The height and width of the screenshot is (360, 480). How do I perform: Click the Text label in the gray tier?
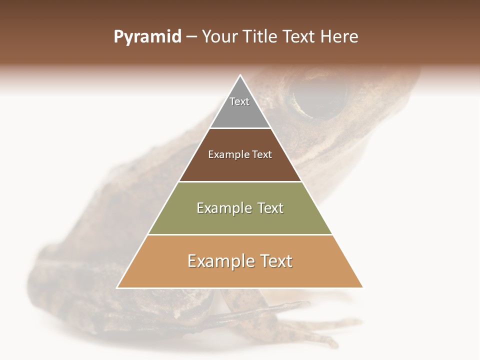pyautogui.click(x=239, y=102)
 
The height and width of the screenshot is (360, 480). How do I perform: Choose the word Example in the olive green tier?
pyautogui.click(x=222, y=208)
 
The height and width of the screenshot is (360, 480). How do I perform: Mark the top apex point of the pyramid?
pyautogui.click(x=240, y=75)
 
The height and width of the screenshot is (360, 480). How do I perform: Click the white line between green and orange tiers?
pyautogui.click(x=240, y=234)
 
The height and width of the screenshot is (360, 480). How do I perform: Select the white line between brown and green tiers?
pyautogui.click(x=240, y=181)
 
